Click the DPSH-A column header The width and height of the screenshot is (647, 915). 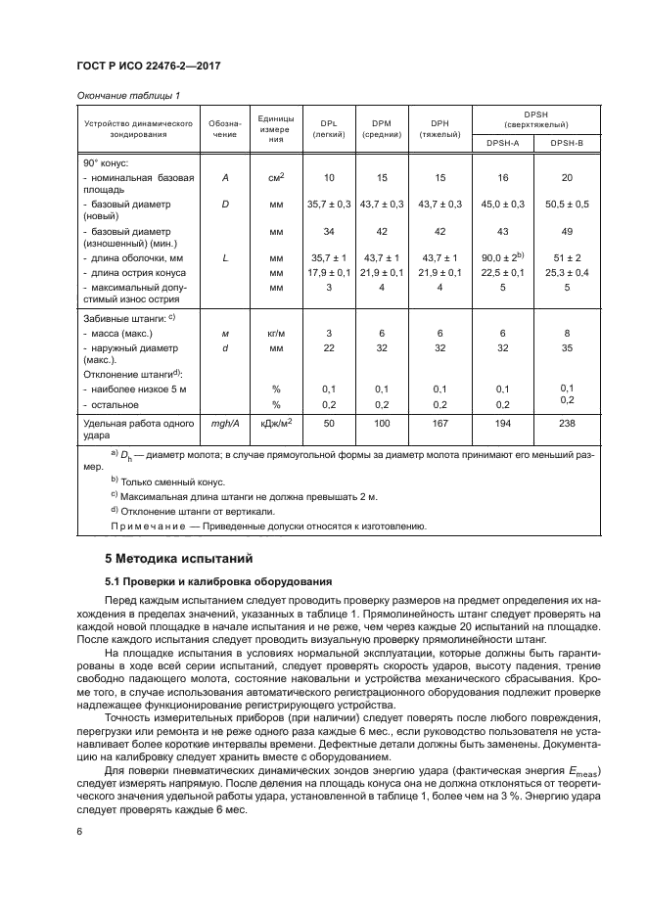tap(503, 143)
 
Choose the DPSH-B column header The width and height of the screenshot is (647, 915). tap(566, 143)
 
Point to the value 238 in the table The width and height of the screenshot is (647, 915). tap(566, 424)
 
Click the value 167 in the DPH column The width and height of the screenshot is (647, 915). tap(439, 424)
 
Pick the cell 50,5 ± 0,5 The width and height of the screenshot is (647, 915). tap(566, 204)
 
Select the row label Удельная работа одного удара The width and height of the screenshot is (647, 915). tap(132, 430)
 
